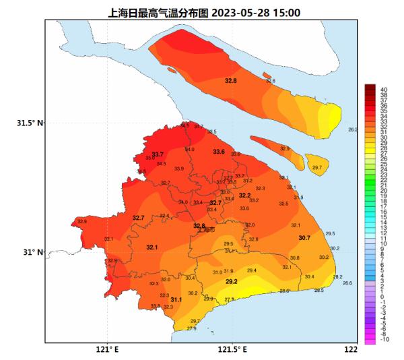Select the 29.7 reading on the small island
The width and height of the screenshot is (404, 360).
coord(316,167)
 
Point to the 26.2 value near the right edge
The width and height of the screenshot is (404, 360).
coord(352,129)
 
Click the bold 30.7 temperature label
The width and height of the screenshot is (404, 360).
coord(304,238)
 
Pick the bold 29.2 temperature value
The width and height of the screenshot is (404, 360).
coord(231,281)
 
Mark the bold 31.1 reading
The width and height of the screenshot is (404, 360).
coord(176,299)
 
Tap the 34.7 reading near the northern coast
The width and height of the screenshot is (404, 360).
coord(199,126)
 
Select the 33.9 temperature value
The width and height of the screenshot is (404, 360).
coord(178,169)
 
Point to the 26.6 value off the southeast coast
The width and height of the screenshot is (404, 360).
coord(347,283)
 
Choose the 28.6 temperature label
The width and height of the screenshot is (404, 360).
coord(284,291)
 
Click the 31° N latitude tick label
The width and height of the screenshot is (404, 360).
coord(31,252)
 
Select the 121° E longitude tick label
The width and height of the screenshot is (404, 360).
coord(106,350)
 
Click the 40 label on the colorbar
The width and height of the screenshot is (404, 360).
coord(383,88)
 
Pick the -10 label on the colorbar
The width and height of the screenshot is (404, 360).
coord(384,340)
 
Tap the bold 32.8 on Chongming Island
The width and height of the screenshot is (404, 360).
coord(230,81)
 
